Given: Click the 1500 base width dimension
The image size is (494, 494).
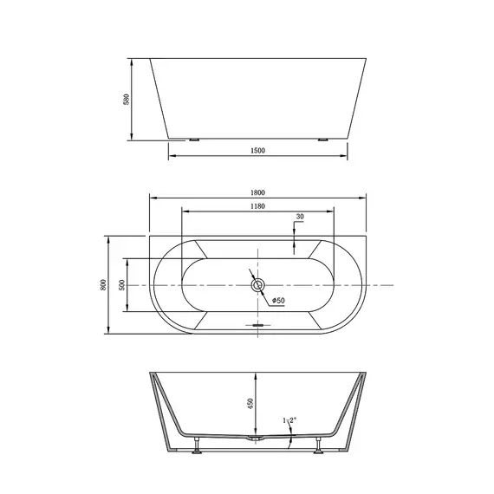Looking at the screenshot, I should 257,151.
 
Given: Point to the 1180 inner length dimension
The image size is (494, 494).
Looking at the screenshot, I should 257,207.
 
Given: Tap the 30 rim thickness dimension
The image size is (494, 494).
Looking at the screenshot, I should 300,217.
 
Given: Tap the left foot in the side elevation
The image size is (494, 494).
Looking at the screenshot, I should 192,138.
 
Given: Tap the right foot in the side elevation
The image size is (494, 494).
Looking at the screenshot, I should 323,138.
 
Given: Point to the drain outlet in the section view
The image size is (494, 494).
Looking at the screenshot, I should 257,440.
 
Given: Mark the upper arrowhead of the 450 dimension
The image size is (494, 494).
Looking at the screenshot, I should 257,377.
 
